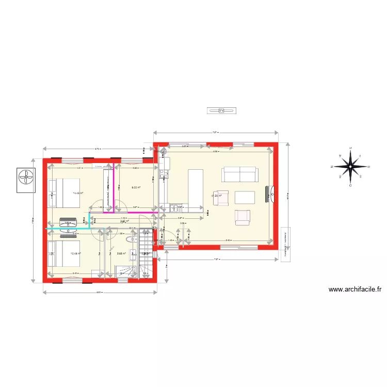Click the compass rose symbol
pyautogui.click(x=350, y=167)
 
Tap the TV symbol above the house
pyautogui.click(x=221, y=110)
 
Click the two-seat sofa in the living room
pyautogui.click(x=239, y=174)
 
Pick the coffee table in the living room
pyautogui.click(x=245, y=198)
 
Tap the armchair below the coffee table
pyautogui.click(x=243, y=217)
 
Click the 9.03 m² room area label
pyautogui.click(x=136, y=187)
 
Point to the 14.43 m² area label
pyautogui.click(x=78, y=193)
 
